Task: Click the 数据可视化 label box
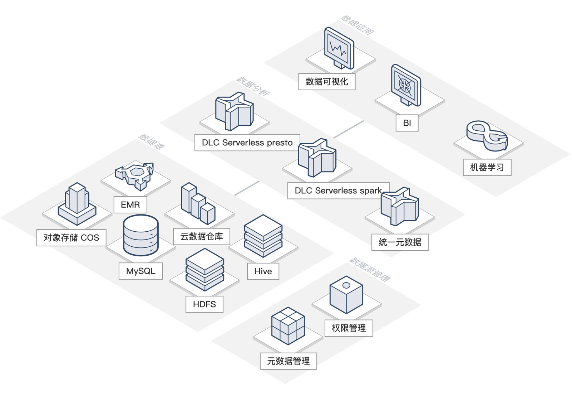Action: coord(327,82)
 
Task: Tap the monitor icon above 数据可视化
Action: coord(339,48)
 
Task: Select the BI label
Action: coord(407,123)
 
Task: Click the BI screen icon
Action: coord(406,85)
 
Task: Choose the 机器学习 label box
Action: coord(487,167)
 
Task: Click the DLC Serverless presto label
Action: coord(247,143)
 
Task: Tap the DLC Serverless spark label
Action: coord(338,190)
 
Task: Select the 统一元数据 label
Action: coord(400,242)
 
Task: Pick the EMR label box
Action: coord(130,205)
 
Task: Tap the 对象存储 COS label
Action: coord(71,238)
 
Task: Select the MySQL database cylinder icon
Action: coord(140,235)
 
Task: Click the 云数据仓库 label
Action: coord(201,236)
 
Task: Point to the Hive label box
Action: coord(263,271)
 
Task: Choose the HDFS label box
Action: coord(204,304)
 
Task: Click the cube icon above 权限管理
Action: coord(346,294)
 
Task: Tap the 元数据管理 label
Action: coord(289,361)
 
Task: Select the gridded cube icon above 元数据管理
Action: coord(288,326)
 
